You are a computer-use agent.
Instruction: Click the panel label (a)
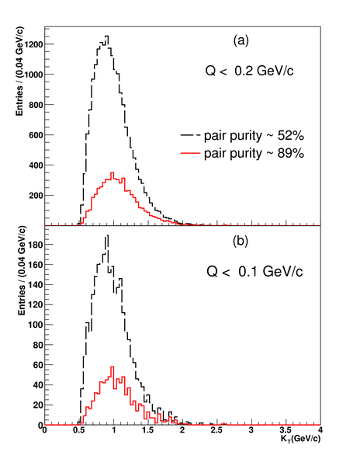point(241,40)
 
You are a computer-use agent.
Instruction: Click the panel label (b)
point(240,241)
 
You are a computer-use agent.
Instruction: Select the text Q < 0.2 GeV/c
point(249,71)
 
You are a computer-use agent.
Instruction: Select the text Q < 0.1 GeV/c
point(254,271)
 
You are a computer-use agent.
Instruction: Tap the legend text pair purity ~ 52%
point(254,135)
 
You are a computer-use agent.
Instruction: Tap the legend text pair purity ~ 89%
point(254,153)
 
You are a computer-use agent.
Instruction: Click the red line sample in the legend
point(190,153)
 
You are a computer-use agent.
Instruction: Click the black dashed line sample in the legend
point(190,135)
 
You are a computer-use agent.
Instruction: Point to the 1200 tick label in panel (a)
point(33,44)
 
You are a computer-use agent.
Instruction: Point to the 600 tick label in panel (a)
point(36,134)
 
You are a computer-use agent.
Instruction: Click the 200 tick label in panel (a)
point(36,195)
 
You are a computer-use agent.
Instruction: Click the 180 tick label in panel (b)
point(36,245)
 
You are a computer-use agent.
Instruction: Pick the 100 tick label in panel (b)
point(36,325)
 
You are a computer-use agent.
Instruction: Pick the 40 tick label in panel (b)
point(38,385)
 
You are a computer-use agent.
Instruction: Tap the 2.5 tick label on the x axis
point(216,430)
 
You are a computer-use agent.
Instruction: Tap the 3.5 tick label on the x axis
point(286,430)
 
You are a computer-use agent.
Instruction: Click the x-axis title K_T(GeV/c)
point(300,439)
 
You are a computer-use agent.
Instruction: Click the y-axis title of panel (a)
point(19,71)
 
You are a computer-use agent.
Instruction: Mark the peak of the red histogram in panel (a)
point(112,172)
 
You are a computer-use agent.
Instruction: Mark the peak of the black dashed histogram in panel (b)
point(107,235)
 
